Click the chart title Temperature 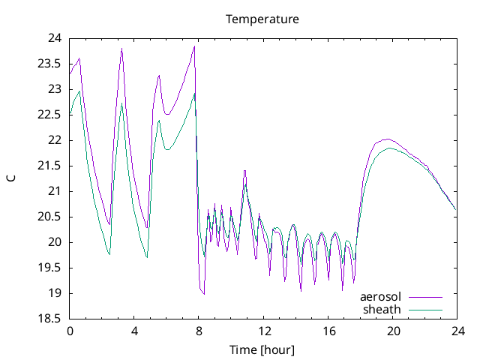tap(262, 19)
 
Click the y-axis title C tap(10, 178)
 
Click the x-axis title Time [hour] tap(262, 349)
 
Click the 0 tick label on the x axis tap(70, 331)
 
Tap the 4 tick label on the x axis tap(134, 331)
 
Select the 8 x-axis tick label tap(199, 331)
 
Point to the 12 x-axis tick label tap(263, 331)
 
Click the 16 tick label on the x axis tap(328, 331)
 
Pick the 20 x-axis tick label tap(392, 331)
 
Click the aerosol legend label tap(381, 297)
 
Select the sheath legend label tap(382, 309)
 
